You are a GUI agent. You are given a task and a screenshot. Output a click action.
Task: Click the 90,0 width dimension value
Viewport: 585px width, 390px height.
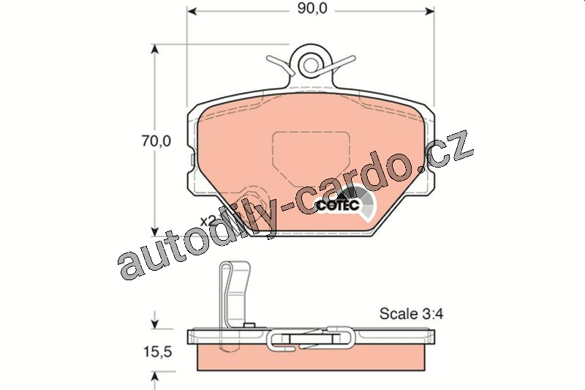[x=312, y=8]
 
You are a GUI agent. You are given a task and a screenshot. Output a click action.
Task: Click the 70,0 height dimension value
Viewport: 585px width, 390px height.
[x=156, y=140]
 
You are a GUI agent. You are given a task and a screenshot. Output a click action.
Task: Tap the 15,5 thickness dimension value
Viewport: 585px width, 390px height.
[x=157, y=351]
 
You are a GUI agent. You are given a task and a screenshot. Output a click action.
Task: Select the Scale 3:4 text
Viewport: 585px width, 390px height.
[x=411, y=313]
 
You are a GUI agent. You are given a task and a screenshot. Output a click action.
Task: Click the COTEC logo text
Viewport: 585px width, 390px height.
[x=338, y=205]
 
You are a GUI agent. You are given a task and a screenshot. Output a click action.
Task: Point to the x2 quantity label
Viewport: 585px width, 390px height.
[x=208, y=220]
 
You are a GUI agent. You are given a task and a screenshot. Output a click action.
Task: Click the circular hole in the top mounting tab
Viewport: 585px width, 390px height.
[x=310, y=64]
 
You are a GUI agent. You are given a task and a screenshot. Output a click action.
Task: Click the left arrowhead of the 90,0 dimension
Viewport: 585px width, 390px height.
[x=192, y=11]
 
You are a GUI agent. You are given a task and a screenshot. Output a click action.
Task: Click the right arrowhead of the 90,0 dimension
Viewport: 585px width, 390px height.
[x=430, y=11]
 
